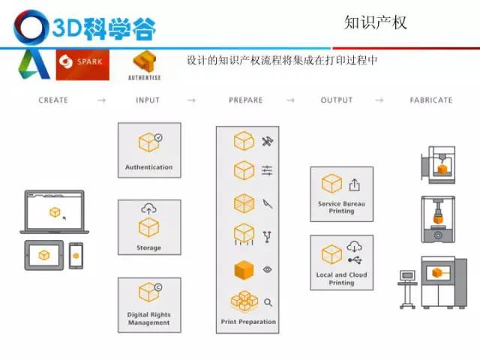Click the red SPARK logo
pyautogui.click(x=82, y=64)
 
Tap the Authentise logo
pyautogui.click(x=145, y=66)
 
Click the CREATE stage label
pyautogui.click(x=53, y=100)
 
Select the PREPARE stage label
pyautogui.click(x=246, y=100)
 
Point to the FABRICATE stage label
pyautogui.click(x=431, y=100)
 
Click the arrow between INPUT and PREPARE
pyautogui.click(x=192, y=100)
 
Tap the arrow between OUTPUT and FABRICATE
pyautogui.click(x=379, y=100)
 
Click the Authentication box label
pyautogui.click(x=148, y=167)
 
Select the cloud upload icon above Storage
pyautogui.click(x=148, y=208)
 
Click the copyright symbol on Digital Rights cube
pyautogui.click(x=158, y=287)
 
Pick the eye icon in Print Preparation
pyautogui.click(x=267, y=269)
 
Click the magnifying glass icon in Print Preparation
pyautogui.click(x=268, y=302)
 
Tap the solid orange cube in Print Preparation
pyautogui.click(x=244, y=270)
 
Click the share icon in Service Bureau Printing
pyautogui.click(x=354, y=184)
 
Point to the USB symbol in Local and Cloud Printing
pyautogui.click(x=355, y=260)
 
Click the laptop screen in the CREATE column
pyautogui.click(x=55, y=211)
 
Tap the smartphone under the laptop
pyautogui.click(x=76, y=256)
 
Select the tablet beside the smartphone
pyautogui.click(x=44, y=255)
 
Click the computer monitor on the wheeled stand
pyautogui.click(x=407, y=276)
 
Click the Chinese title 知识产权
pyautogui.click(x=376, y=22)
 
